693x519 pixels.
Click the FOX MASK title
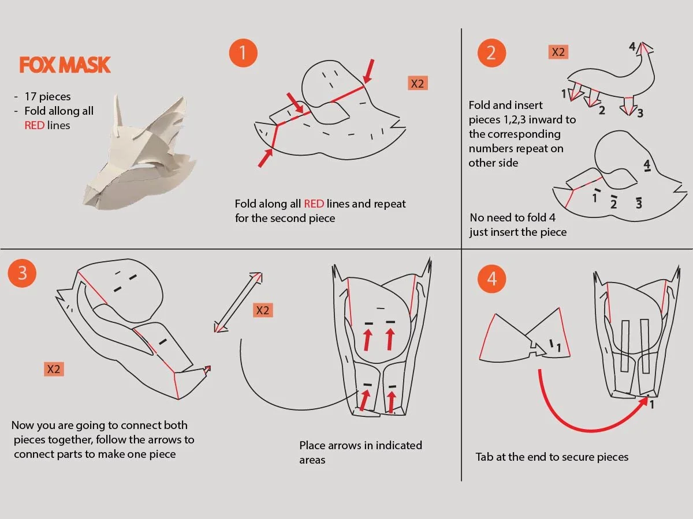click(x=65, y=65)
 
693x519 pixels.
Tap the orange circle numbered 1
click(x=243, y=52)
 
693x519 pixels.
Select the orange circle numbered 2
click(x=491, y=52)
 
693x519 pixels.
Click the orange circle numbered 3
click(x=22, y=273)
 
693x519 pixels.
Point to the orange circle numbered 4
click(x=491, y=279)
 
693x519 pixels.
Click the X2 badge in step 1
click(x=418, y=83)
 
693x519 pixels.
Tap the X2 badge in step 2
click(x=558, y=52)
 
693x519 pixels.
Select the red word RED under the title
click(x=34, y=125)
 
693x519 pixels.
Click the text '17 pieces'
click(x=47, y=96)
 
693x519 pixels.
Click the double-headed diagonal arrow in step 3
click(x=238, y=302)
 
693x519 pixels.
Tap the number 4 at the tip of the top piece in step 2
click(x=632, y=46)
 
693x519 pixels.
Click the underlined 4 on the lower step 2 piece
click(x=647, y=166)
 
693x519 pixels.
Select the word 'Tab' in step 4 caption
click(x=485, y=457)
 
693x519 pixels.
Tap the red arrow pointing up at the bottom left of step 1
click(x=265, y=158)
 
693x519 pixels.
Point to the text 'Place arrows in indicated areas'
click(x=360, y=453)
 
